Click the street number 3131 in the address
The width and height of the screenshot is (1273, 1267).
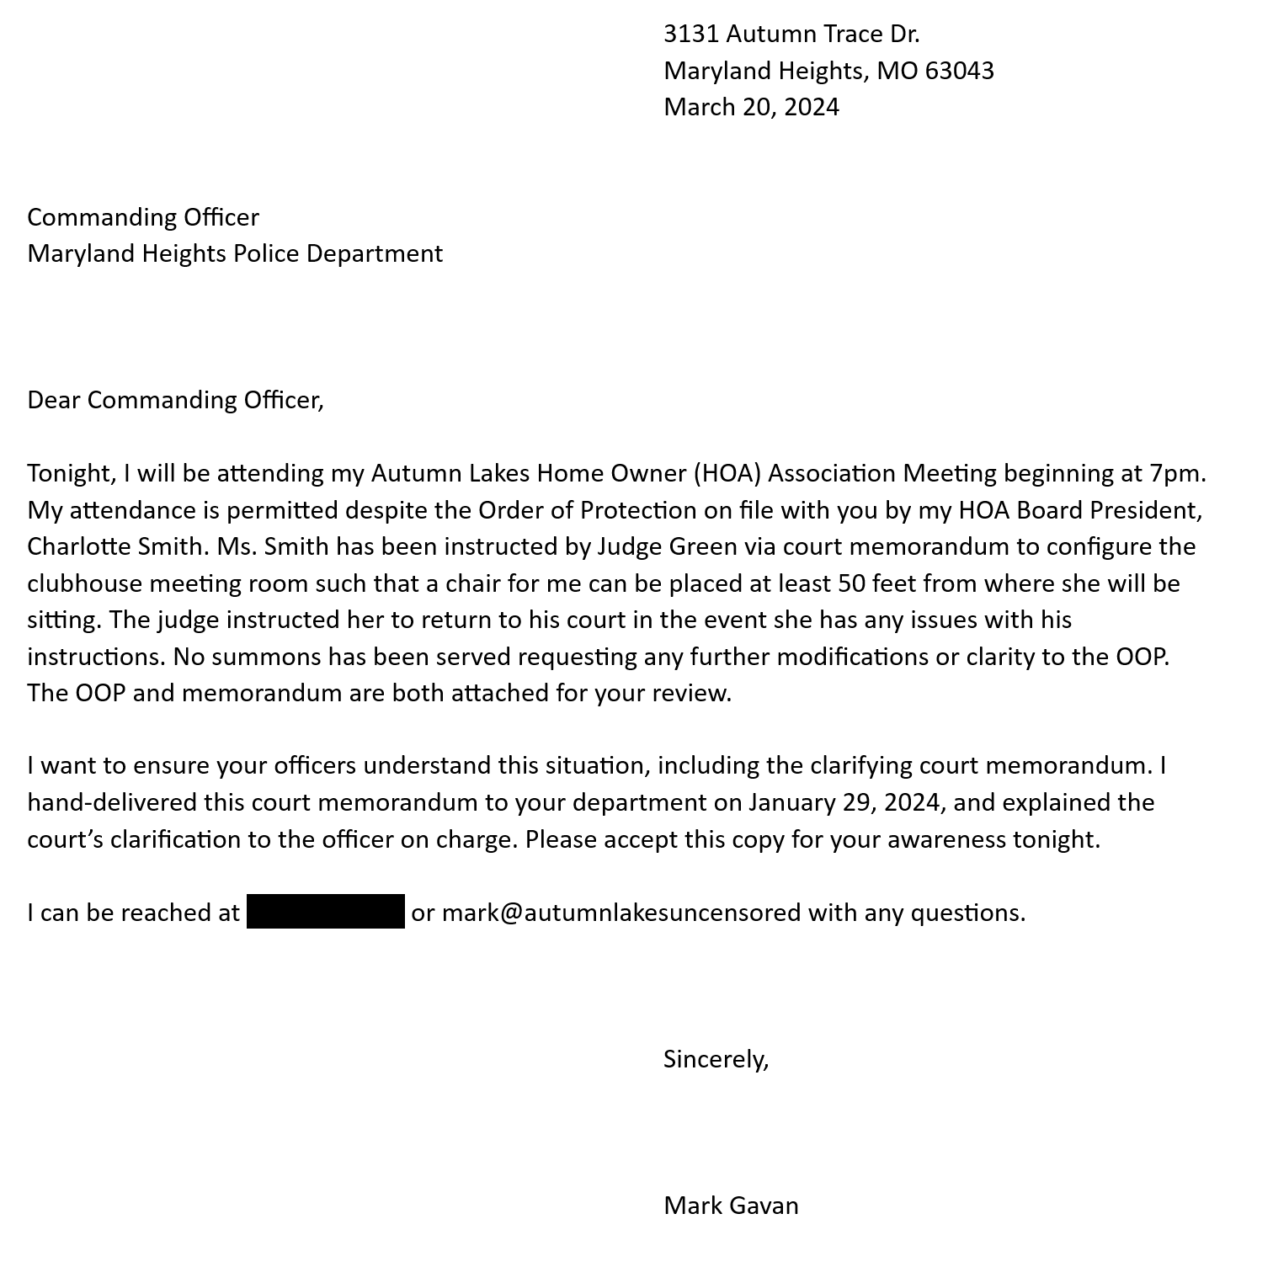690,34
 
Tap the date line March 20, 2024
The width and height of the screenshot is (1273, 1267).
751,107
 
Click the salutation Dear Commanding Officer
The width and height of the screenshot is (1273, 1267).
175,400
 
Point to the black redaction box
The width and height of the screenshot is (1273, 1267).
326,912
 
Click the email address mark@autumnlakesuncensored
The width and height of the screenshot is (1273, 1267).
621,913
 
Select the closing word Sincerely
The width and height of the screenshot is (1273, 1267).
716,1059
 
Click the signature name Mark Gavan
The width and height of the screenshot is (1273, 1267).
731,1206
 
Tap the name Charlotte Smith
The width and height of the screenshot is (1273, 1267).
116,546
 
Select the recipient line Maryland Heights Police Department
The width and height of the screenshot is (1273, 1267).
235,253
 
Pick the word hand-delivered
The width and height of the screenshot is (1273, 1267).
112,802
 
